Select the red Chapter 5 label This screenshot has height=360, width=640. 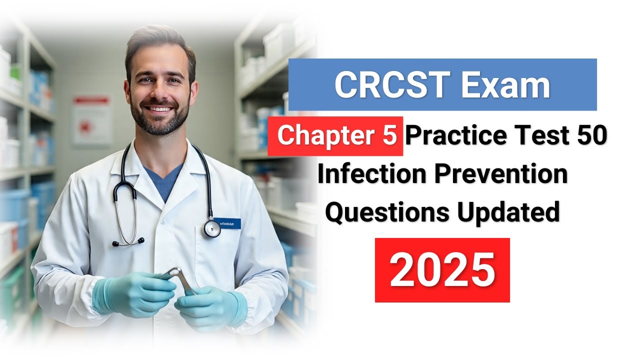[x=335, y=136]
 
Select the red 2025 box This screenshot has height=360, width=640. [x=442, y=270]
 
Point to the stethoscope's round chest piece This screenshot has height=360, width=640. [x=211, y=228]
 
